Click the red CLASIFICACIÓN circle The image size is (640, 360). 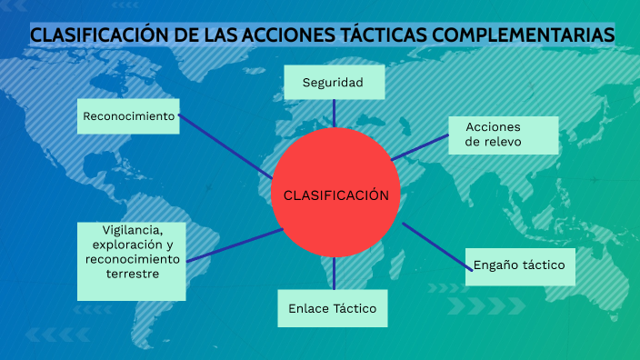point(335,194)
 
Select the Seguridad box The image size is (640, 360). point(334,83)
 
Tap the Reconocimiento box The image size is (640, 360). point(128,116)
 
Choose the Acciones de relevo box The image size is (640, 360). point(503,135)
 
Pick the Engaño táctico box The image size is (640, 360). point(519,265)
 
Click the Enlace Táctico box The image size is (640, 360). point(333,308)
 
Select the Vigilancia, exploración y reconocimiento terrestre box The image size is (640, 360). point(132,261)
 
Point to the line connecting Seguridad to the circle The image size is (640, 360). point(334,113)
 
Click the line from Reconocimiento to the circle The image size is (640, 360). point(225,145)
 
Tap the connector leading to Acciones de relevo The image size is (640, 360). point(420,147)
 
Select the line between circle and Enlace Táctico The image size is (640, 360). point(334,274)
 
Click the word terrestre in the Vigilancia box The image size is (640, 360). point(133,273)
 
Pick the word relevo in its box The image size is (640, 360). point(503,142)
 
